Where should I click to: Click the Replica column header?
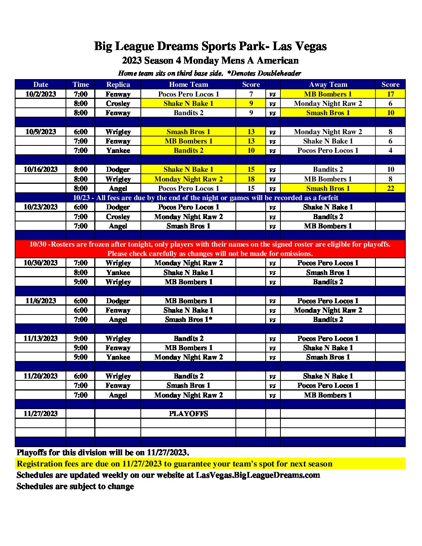coord(118,85)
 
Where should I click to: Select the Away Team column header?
coord(328,85)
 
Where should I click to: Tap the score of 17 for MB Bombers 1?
coord(390,94)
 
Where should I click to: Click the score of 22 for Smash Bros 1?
coord(390,188)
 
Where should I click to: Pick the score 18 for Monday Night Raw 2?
coord(251,179)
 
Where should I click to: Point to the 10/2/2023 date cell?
coord(41,94)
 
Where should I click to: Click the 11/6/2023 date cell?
coord(41,301)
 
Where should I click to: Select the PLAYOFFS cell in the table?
coord(189,414)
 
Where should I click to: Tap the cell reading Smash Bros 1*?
coord(189,320)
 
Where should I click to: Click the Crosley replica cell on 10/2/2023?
coord(118,104)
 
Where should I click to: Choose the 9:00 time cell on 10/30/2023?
coord(81,282)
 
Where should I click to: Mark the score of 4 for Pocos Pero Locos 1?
coord(390,150)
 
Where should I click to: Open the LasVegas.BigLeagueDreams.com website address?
coord(258,475)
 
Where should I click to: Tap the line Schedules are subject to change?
coord(75,486)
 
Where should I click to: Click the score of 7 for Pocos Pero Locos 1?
coord(251,94)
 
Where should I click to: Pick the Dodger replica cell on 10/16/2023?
coord(118,169)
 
